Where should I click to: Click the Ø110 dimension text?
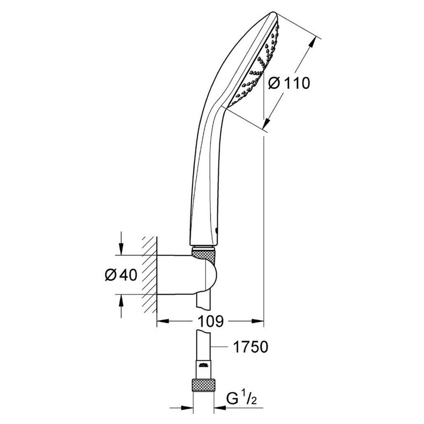[288, 83]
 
